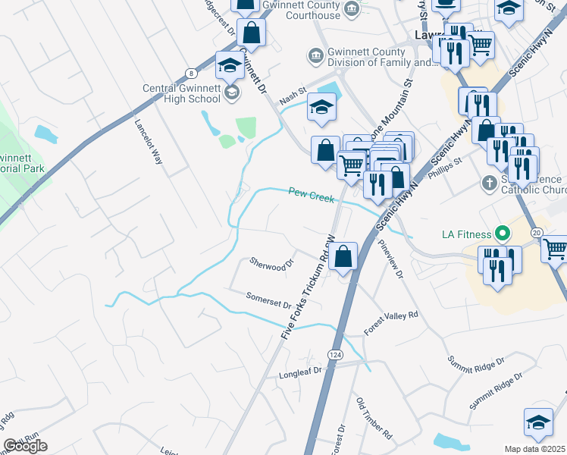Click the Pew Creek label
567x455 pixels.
(312, 195)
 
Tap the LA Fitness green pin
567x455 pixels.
(500, 233)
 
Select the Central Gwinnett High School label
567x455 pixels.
(182, 93)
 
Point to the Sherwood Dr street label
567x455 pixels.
(271, 264)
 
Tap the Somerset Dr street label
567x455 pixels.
(268, 300)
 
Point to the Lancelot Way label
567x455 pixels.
(149, 142)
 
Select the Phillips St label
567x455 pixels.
(446, 168)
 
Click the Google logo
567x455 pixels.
(25, 446)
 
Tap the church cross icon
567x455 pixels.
(490, 183)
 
